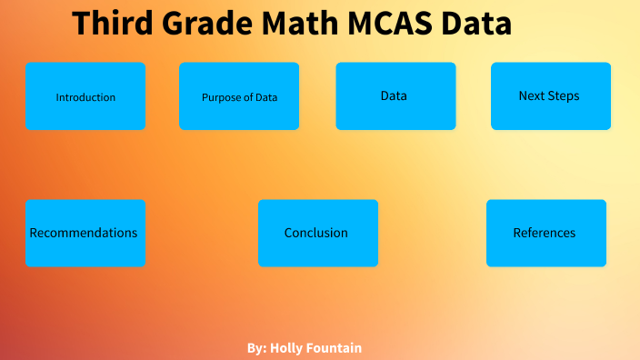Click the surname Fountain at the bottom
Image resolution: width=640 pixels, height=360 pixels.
pos(336,348)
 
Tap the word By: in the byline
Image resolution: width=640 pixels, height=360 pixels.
pos(256,348)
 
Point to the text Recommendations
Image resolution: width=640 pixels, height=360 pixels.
pos(84,233)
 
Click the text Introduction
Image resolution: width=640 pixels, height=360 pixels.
pos(85,97)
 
